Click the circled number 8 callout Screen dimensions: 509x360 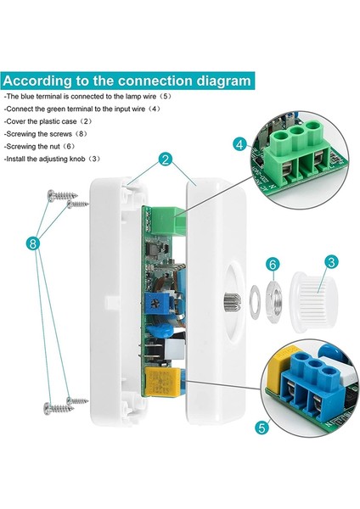coord(32,243)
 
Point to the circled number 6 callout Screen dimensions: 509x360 coord(272,265)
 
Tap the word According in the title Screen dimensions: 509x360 coord(42,81)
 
